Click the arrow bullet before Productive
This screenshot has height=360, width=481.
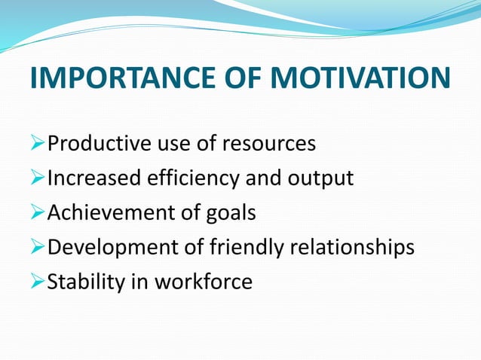38,144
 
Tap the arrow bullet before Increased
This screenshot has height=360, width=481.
38,178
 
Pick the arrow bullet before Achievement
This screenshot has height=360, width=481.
38,213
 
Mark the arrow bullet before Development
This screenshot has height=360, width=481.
38,248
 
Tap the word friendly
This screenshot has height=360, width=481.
234,248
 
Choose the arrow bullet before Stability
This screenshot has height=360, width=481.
38,282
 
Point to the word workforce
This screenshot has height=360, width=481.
204,282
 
